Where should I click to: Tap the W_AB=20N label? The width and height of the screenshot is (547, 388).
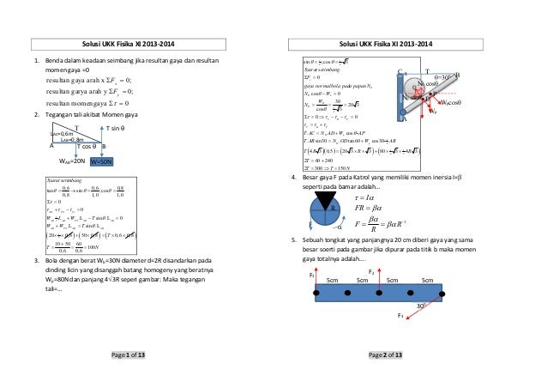pos(71,161)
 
